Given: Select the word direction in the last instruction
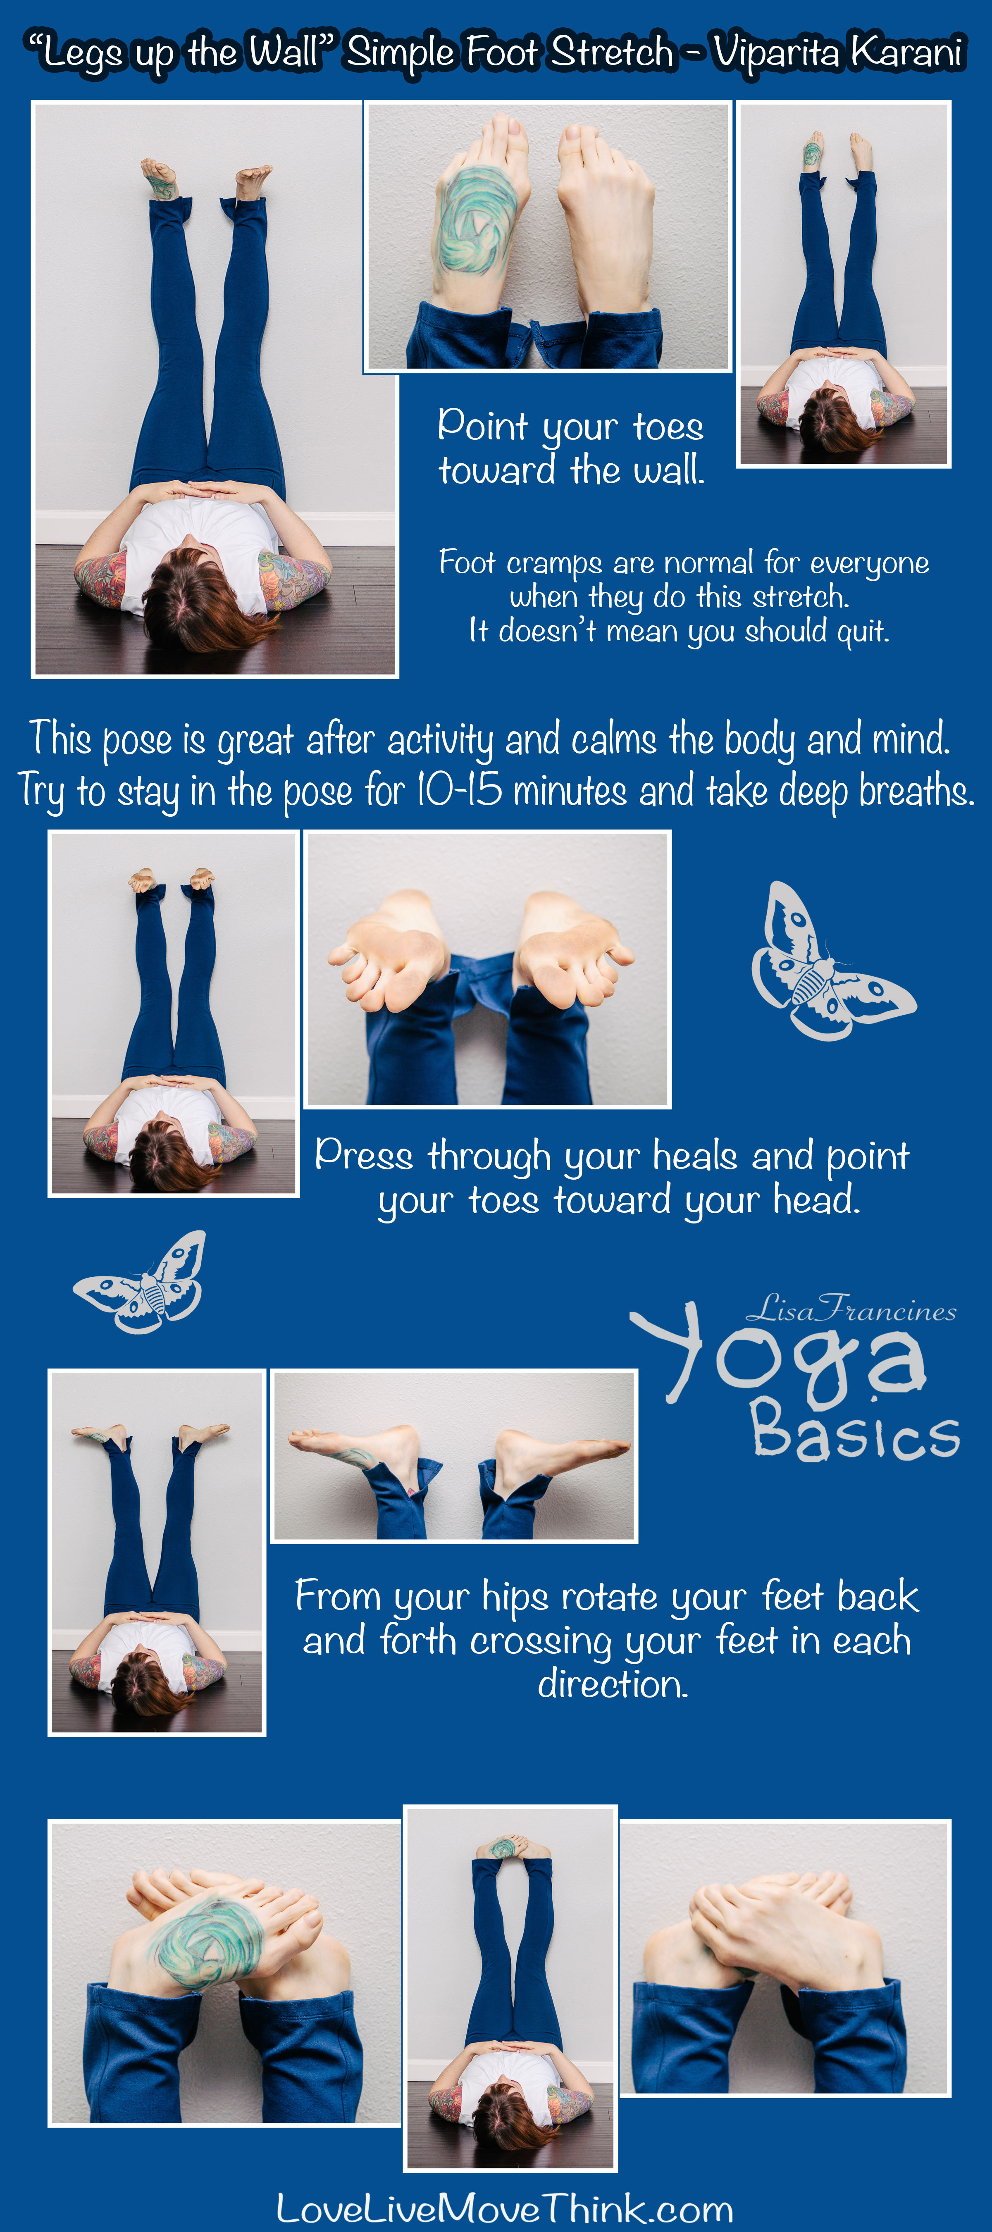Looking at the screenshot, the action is [x=613, y=1684].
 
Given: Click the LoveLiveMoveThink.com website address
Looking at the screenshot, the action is [x=504, y=2208].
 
